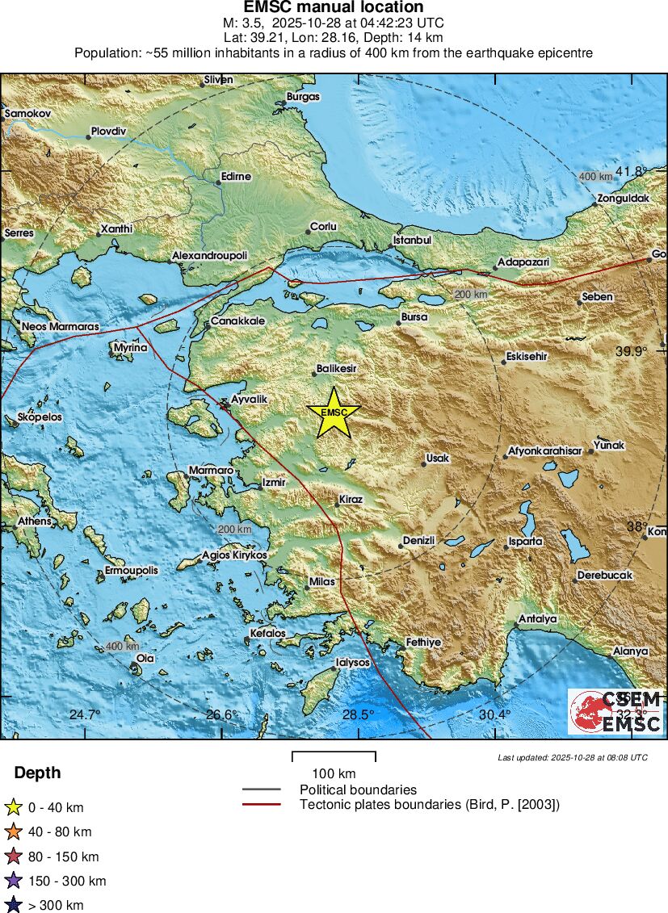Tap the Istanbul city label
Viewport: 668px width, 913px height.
tap(413, 241)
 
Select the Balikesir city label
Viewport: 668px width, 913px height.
tap(336, 369)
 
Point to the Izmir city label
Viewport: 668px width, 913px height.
tap(274, 483)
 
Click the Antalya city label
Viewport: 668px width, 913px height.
tap(538, 619)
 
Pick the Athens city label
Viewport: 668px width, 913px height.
tap(35, 521)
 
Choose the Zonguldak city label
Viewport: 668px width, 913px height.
tap(623, 199)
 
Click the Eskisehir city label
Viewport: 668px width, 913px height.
tap(527, 356)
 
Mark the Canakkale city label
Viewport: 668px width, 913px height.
tap(237, 321)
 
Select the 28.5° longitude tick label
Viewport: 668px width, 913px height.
tap(358, 714)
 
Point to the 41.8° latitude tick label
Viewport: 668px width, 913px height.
tap(632, 171)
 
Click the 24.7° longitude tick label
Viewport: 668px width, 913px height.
tap(85, 714)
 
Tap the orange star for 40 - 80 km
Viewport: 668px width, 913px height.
tap(13, 831)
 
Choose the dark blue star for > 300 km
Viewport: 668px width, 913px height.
tap(13, 905)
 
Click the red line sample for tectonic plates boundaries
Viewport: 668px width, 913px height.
tap(261, 804)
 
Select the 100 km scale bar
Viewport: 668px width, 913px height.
tap(334, 757)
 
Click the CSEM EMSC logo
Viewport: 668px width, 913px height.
tap(615, 711)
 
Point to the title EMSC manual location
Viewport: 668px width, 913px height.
tap(334, 7)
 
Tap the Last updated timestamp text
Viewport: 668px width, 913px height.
tap(573, 757)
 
